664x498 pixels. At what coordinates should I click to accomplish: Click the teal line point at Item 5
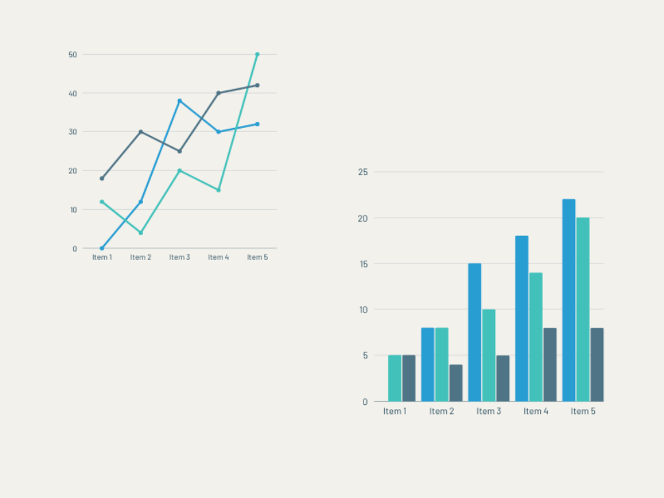tap(257, 54)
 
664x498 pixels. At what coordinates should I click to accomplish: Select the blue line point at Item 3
tap(180, 101)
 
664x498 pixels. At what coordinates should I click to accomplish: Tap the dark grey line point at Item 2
tap(141, 131)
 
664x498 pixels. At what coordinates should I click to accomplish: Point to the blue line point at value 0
tap(102, 248)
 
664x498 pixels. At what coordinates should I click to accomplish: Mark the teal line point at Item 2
tap(141, 233)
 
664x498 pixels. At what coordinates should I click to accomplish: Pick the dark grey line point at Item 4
tap(218, 93)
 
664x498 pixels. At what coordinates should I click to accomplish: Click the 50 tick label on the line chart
tap(73, 54)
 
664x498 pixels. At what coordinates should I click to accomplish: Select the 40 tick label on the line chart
tap(73, 93)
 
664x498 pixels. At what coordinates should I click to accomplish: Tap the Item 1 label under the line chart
tap(102, 257)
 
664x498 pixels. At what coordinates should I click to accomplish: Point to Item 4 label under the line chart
tap(218, 257)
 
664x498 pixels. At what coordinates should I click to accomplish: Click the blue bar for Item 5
tap(569, 300)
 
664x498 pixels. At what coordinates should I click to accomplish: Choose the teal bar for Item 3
tap(489, 355)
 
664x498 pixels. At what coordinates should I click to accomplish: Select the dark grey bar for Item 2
tap(456, 382)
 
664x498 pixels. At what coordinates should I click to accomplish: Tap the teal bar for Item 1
tap(395, 378)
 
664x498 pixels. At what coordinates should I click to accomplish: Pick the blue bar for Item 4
tap(522, 319)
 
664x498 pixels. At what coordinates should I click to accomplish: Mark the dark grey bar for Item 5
tap(597, 364)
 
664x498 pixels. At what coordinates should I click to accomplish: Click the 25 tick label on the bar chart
tap(363, 172)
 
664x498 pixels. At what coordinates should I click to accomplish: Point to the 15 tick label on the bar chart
tap(363, 263)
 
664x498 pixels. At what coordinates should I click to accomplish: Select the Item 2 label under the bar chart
tap(442, 411)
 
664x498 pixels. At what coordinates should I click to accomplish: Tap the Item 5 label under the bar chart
tap(583, 411)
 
